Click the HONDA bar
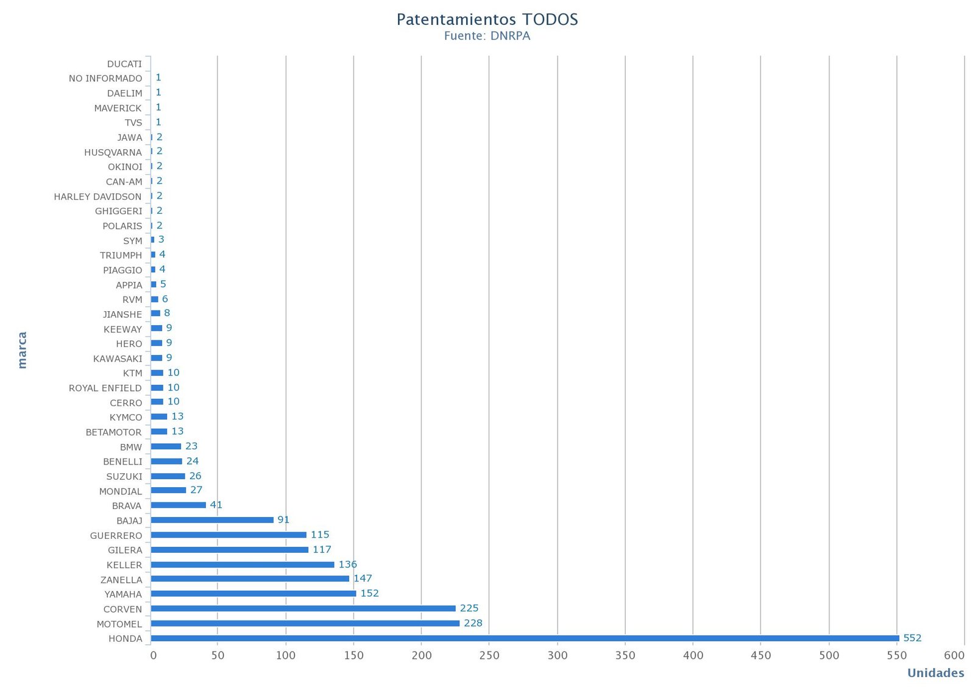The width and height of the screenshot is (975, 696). [x=524, y=638]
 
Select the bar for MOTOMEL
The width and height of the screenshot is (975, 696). [x=305, y=623]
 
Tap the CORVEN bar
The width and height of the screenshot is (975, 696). [x=303, y=608]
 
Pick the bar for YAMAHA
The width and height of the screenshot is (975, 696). [x=253, y=593]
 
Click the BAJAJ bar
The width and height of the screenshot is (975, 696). [x=212, y=519]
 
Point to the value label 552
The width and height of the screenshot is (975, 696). [x=912, y=638]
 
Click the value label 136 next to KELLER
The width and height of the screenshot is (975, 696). [x=347, y=564]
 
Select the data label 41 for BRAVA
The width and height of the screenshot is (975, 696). [x=216, y=505]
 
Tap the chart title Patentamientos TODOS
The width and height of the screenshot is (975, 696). [x=487, y=19]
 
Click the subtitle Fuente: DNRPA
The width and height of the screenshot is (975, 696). [x=487, y=36]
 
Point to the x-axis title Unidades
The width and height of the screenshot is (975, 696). [x=935, y=673]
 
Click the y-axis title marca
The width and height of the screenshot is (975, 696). [x=23, y=350]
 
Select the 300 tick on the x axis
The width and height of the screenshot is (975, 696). [x=557, y=655]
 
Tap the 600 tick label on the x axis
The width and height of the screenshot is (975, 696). [x=954, y=655]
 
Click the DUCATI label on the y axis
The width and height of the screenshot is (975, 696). [x=124, y=64]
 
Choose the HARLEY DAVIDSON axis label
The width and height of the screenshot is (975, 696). [x=97, y=196]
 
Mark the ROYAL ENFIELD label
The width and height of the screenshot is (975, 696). [x=105, y=388]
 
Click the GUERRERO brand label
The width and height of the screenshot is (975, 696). [x=116, y=535]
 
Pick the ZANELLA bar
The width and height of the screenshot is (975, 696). [x=250, y=578]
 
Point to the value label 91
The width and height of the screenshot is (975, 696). [x=283, y=519]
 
